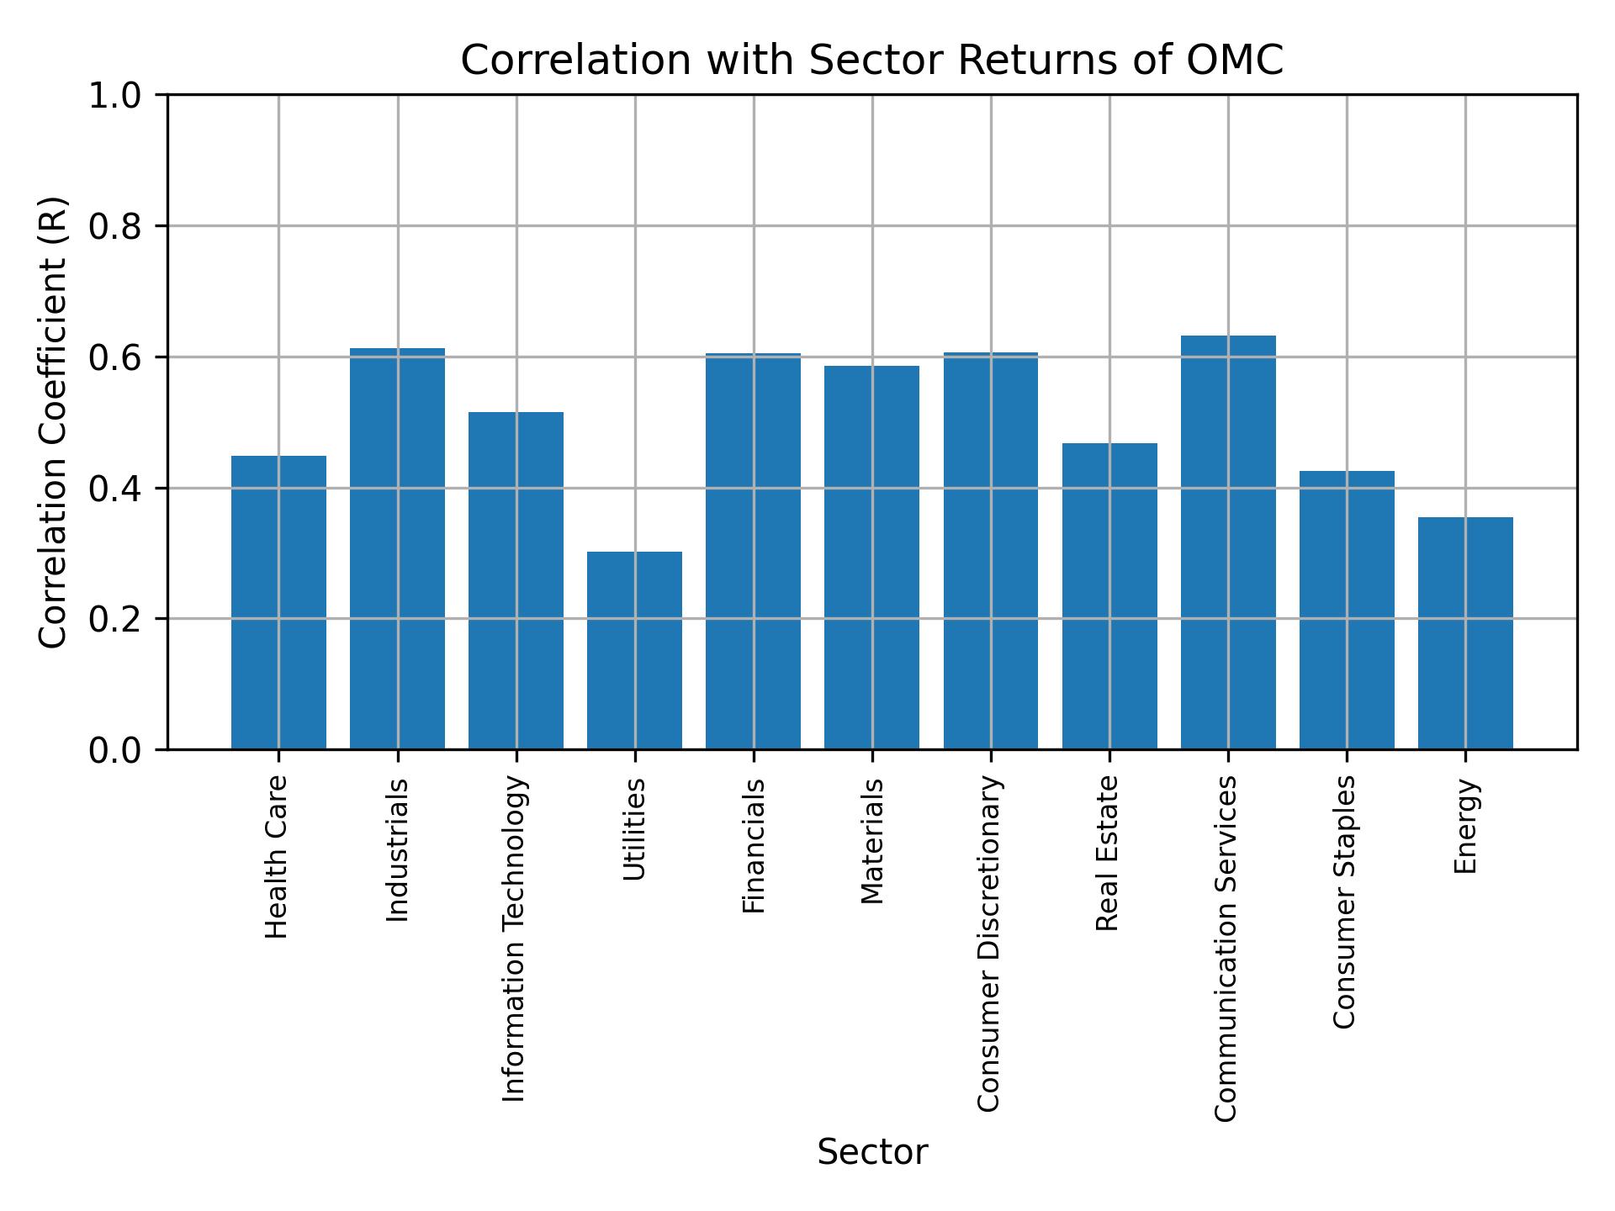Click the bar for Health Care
[278, 602]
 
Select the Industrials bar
[397, 548]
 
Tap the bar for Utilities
[634, 650]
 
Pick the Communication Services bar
[1228, 542]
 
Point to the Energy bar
[1465, 632]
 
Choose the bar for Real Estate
[1109, 595]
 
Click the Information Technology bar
[516, 580]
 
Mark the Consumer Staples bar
[1347, 610]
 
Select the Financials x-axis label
[754, 845]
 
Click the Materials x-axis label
[873, 841]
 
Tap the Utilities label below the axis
[635, 829]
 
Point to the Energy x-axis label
[1466, 826]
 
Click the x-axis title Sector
[872, 1152]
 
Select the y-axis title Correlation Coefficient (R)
[54, 422]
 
